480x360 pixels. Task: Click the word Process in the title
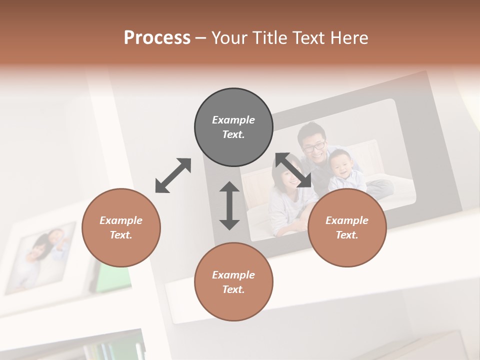(157, 38)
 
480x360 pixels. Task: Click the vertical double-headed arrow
(229, 205)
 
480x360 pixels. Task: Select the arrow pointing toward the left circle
(173, 175)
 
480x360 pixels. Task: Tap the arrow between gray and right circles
(293, 170)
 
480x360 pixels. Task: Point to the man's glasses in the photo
(314, 146)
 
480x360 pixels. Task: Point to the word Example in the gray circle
(233, 120)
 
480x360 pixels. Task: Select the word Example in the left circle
(121, 220)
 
